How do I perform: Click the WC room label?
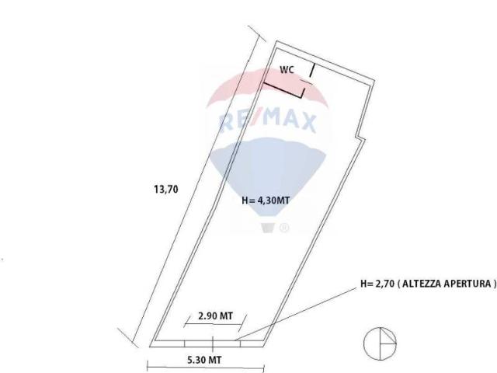tap(287, 70)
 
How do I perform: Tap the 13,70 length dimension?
tap(166, 190)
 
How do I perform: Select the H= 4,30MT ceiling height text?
tap(266, 200)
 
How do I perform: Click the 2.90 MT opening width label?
tap(215, 316)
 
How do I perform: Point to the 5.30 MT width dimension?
tap(204, 360)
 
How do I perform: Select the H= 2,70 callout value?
tap(377, 283)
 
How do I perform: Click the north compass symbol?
tap(380, 344)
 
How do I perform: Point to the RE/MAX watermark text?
tap(268, 120)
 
